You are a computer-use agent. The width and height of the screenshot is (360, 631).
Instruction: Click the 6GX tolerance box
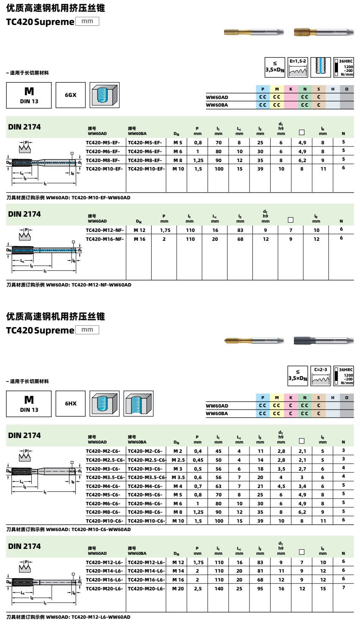pos(71,95)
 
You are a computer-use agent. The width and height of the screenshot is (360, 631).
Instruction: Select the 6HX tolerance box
pos(71,404)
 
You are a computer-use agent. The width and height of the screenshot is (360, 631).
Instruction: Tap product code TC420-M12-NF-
pos(105,230)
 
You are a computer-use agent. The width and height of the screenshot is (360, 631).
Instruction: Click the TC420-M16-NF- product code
pos(105,239)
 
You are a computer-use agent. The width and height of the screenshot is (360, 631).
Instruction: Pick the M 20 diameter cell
pos(178,589)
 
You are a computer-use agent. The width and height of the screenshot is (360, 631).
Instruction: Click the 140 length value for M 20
pos(219,589)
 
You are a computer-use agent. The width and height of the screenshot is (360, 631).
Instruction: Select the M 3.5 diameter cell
pos(178,477)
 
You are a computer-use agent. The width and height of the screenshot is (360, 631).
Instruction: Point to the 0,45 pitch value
pos(198,460)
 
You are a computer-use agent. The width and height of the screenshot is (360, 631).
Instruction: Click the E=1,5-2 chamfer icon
pos(298,67)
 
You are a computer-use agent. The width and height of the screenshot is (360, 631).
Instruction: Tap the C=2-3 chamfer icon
pos(321,376)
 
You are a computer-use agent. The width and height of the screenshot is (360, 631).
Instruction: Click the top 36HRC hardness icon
pos(343,67)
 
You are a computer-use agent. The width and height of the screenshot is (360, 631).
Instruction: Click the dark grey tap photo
pos(324,340)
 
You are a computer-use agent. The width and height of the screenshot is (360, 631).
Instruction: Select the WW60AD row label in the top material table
pos(217,97)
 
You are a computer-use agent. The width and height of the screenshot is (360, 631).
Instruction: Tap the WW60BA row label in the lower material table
pos(217,413)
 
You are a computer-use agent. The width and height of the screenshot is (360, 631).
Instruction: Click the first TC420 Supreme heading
pos(40,22)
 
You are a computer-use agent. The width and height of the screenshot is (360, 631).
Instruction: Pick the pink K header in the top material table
pos(291,89)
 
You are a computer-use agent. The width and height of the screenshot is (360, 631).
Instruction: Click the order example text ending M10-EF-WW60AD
pos(68,198)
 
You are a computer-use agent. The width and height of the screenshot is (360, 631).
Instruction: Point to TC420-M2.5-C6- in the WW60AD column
pos(105,460)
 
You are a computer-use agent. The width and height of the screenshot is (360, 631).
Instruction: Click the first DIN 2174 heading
pos(25,127)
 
